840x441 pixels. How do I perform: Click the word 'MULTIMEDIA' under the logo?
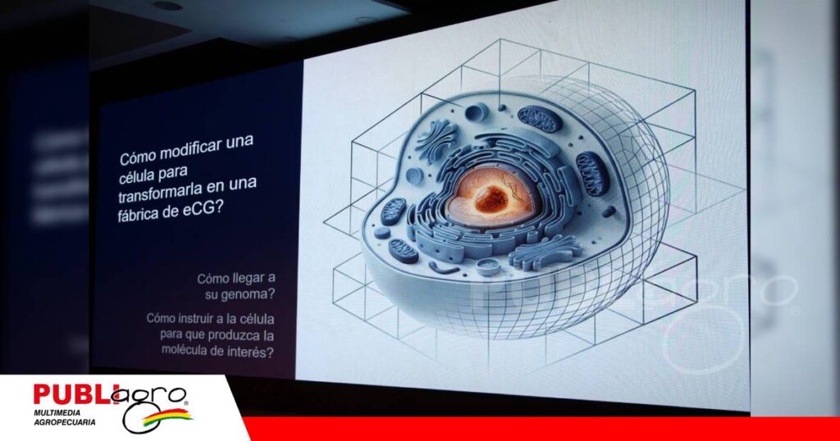[57, 413]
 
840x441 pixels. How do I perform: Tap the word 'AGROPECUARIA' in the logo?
[64, 422]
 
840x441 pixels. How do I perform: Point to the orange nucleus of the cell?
[486, 196]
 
